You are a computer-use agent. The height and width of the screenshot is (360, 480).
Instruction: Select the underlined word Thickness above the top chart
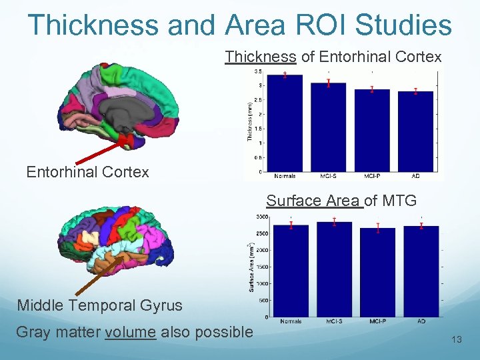pyautogui.click(x=260, y=57)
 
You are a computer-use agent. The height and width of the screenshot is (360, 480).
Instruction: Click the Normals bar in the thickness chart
pyautogui.click(x=285, y=123)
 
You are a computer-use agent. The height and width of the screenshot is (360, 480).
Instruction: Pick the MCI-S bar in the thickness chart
pyautogui.click(x=328, y=127)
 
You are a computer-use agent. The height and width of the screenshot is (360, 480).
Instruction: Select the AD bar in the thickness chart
pyautogui.click(x=415, y=131)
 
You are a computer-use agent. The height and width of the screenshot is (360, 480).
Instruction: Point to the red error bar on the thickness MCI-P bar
pyautogui.click(x=372, y=89)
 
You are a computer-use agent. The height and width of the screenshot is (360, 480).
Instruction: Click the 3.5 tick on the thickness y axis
pyautogui.click(x=257, y=72)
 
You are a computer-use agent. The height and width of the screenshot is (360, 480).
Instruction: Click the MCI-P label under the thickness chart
pyautogui.click(x=371, y=176)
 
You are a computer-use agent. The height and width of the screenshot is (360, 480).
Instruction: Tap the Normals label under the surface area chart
pyautogui.click(x=291, y=321)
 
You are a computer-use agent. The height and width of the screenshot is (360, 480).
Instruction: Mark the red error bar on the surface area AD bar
pyautogui.click(x=421, y=225)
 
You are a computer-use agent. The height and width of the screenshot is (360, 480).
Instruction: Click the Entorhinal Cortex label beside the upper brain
pyautogui.click(x=87, y=172)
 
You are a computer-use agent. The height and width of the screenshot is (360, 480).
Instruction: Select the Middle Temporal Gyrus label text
pyautogui.click(x=99, y=305)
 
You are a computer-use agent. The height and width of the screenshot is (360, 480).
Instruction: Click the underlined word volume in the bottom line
pyautogui.click(x=131, y=332)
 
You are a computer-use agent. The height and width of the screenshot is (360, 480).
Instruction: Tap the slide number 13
pyautogui.click(x=457, y=340)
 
